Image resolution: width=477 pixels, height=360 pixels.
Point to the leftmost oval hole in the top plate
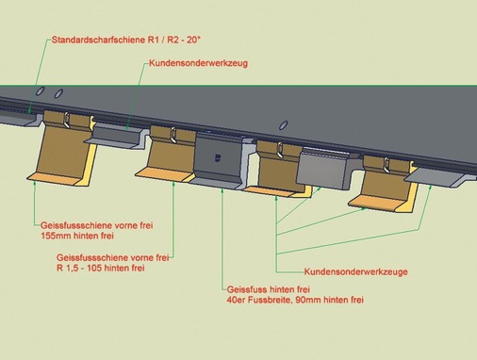click(x=40, y=90)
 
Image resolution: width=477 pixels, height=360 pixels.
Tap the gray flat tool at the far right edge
click(x=438, y=172)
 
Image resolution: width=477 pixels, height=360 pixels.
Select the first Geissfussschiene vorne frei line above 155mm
click(x=89, y=226)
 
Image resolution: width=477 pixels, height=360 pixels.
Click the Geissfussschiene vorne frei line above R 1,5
click(x=112, y=256)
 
